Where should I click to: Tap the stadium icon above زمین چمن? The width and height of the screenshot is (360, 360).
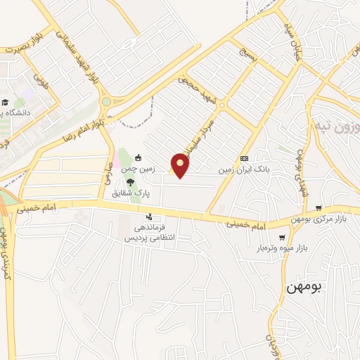pyautogui.click(x=139, y=157)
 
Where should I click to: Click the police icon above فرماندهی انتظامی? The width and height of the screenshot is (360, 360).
pyautogui.click(x=149, y=217)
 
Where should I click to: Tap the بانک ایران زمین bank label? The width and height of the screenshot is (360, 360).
pyautogui.click(x=243, y=169)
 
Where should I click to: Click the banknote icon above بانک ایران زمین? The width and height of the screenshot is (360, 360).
pyautogui.click(x=245, y=158)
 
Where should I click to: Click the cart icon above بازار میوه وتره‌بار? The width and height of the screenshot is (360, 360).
pyautogui.click(x=283, y=238)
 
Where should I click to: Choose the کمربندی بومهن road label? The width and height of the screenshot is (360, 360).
pyautogui.click(x=6, y=253)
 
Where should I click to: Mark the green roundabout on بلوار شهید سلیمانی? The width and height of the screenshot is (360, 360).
pyautogui.click(x=105, y=102)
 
